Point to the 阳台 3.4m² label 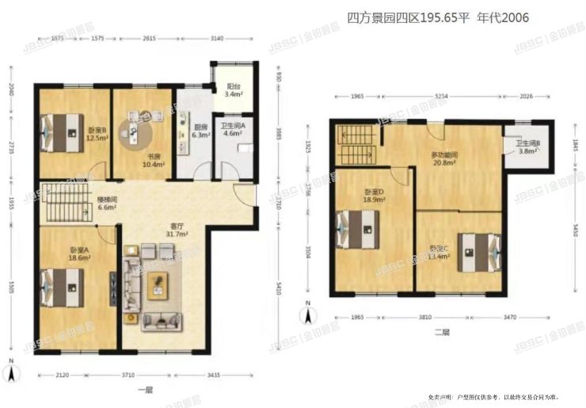(x=233, y=90)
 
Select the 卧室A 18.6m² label (x=78, y=254)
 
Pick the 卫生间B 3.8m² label (x=527, y=148)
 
